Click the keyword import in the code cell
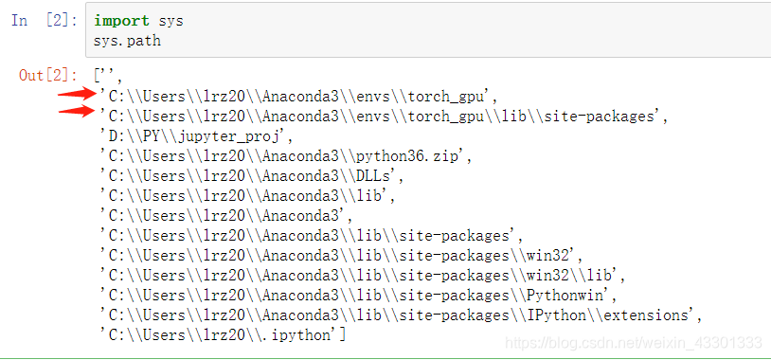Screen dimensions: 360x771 (x=116, y=20)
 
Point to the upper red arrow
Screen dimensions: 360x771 (x=77, y=94)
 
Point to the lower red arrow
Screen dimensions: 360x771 (x=77, y=114)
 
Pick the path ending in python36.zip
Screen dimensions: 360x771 (x=285, y=155)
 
